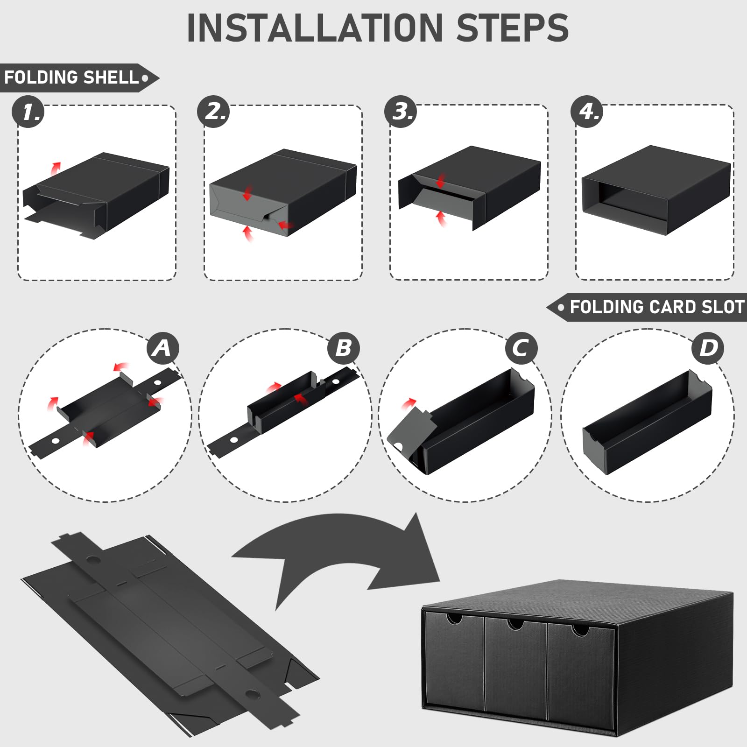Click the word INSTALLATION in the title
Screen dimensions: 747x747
coord(314,28)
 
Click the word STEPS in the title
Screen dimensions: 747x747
coord(512,28)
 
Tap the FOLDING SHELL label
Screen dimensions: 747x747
coord(72,78)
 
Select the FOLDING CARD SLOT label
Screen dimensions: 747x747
coord(656,307)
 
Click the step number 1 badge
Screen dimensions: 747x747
coord(28,112)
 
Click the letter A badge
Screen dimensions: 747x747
coord(162,348)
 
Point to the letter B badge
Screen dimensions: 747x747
coord(343,348)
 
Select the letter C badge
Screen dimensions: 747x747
coord(521,348)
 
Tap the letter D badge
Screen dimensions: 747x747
coord(708,348)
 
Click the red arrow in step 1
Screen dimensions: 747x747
coord(56,168)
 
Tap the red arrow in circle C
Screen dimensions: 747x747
coord(409,403)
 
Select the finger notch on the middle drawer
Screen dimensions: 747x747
coord(515,624)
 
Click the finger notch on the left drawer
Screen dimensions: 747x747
coord(454,619)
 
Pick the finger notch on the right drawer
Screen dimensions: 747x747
coord(580,630)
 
